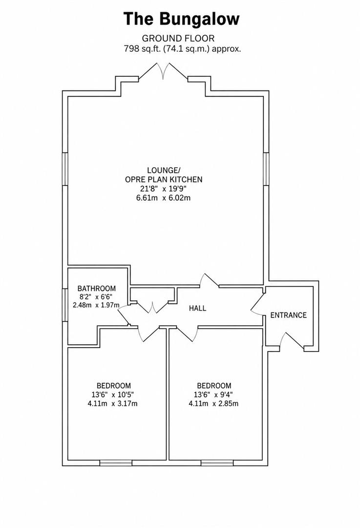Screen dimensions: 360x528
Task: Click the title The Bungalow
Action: tap(181, 19)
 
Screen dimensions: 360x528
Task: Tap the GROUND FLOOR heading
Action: tap(178, 39)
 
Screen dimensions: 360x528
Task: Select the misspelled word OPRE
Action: tap(134, 179)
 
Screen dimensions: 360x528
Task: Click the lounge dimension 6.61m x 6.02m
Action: tap(163, 198)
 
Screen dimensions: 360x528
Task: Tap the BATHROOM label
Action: tap(97, 288)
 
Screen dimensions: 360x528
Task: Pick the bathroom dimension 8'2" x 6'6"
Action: tap(96, 297)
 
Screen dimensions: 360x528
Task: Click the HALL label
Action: tap(197, 308)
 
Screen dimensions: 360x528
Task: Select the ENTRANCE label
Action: tap(289, 315)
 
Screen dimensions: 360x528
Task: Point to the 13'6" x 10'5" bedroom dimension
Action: tap(112, 395)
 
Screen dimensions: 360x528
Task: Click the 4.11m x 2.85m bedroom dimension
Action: tap(213, 403)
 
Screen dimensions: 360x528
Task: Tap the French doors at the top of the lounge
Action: tap(164, 71)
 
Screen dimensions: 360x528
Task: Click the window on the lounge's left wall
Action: tap(65, 169)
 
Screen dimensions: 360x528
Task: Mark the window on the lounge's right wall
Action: tap(266, 169)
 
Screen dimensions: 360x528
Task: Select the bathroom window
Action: tap(65, 305)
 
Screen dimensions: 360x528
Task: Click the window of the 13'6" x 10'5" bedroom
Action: tap(116, 463)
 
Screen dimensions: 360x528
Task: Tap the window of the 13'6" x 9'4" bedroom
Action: tap(217, 463)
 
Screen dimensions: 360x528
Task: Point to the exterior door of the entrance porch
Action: tap(292, 341)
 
